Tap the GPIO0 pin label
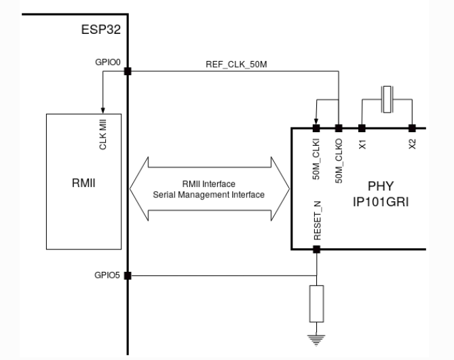(x=109, y=62)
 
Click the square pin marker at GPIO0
(x=128, y=71)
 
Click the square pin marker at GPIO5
(x=128, y=276)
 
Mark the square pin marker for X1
(x=362, y=127)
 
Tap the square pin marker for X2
(x=411, y=127)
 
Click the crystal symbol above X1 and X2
(x=387, y=99)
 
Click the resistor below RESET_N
(x=316, y=304)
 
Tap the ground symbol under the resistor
(x=316, y=336)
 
